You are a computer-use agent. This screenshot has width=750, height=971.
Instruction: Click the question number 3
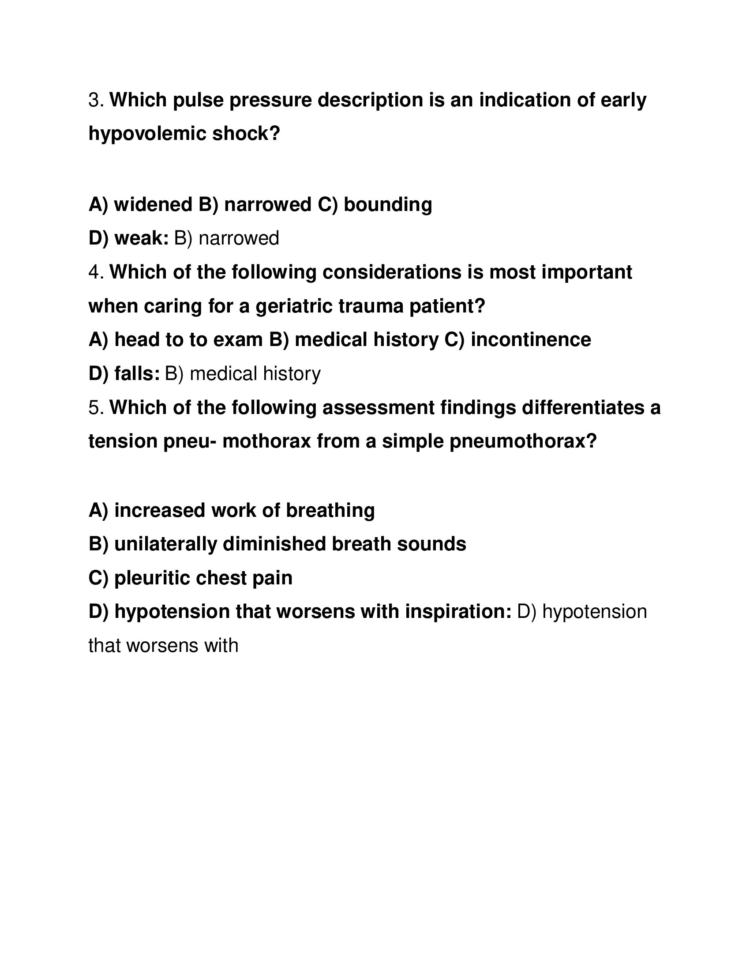click(96, 100)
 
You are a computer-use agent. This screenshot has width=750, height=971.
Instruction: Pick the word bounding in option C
click(387, 205)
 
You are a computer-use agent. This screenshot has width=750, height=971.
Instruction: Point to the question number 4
click(96, 272)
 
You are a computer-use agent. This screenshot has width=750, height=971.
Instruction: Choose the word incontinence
click(530, 340)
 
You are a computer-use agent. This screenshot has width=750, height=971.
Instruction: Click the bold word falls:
click(137, 374)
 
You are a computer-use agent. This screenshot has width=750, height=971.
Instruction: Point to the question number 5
click(96, 408)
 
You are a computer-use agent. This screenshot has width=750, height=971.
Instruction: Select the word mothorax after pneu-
click(266, 441)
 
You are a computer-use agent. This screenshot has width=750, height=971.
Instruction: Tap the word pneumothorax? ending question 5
click(523, 441)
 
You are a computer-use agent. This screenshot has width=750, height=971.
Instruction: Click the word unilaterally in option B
click(165, 545)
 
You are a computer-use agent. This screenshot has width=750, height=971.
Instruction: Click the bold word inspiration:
click(458, 612)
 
